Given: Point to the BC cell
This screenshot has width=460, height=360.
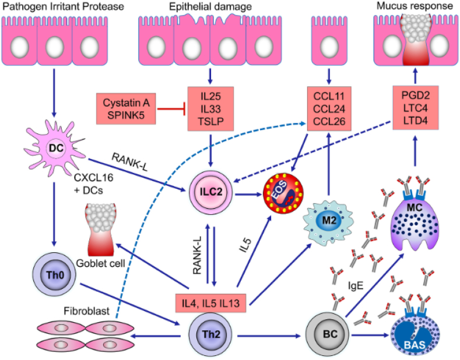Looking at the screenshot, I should (325, 336).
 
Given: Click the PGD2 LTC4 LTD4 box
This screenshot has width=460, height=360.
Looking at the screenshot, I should (415, 107).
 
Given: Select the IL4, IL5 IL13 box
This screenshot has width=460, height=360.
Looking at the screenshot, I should (211, 302).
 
